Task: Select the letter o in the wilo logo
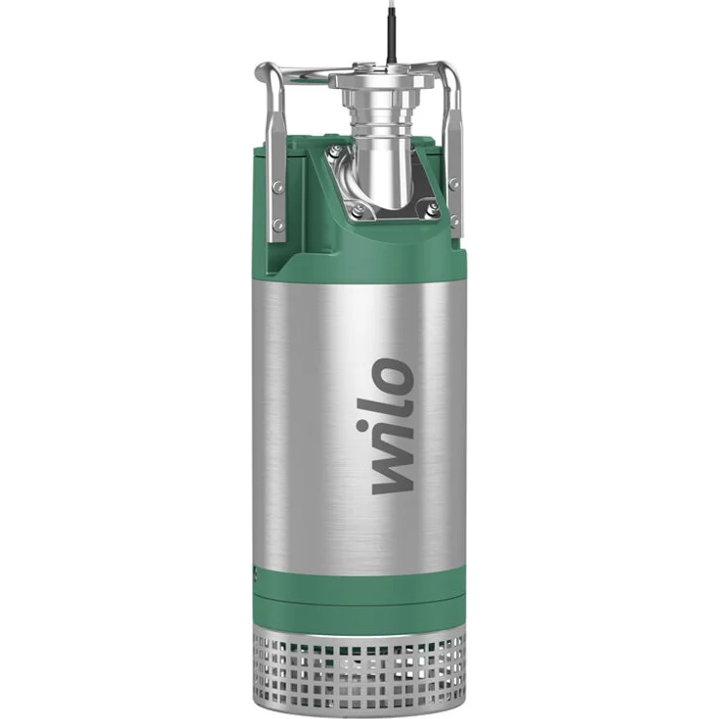click(x=392, y=377)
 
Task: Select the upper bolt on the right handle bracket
click(x=455, y=183)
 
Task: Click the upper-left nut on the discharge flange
click(x=336, y=151)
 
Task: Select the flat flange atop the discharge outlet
click(x=381, y=79)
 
